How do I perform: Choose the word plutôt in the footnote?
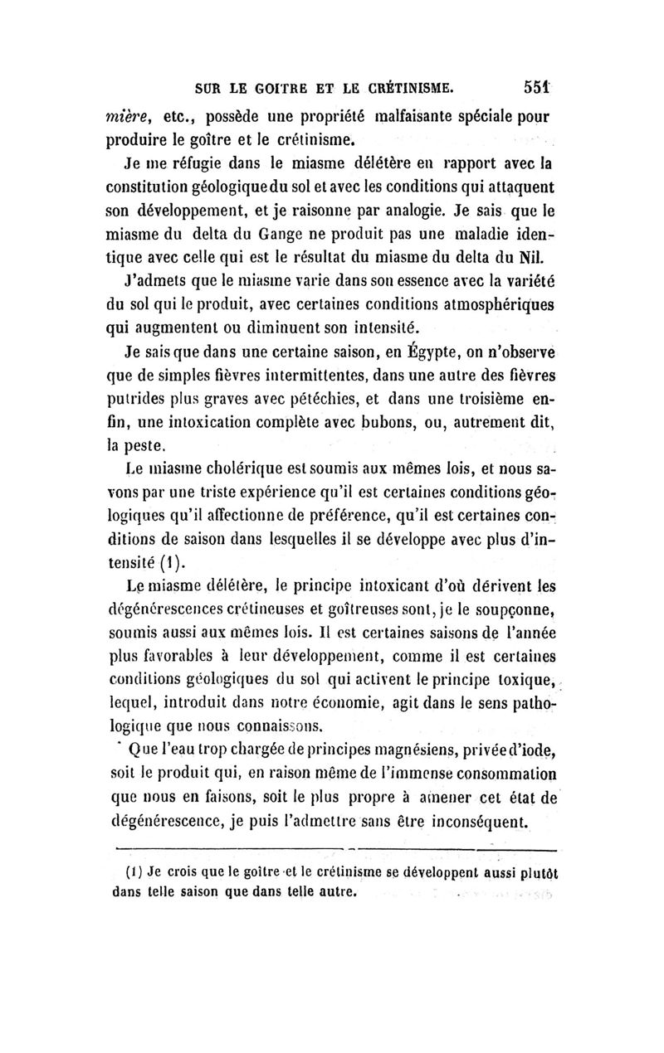533,873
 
